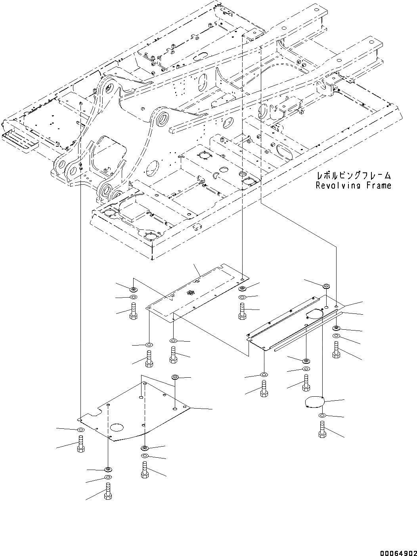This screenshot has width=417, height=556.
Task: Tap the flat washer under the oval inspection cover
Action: [x=322, y=415]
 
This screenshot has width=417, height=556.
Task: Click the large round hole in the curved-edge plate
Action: [x=118, y=427]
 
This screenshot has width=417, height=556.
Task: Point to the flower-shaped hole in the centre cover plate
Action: [x=191, y=293]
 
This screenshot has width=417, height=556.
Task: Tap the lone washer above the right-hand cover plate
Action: [x=327, y=286]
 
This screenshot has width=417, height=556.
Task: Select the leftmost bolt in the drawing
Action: [x=80, y=444]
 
